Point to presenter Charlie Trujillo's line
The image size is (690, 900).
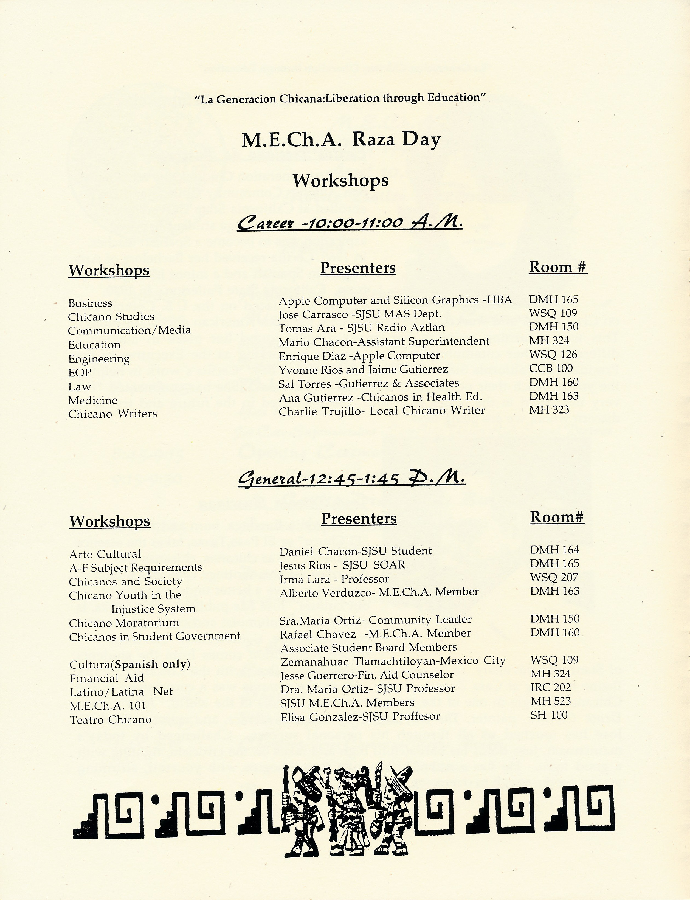382,410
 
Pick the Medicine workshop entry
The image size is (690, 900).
93,400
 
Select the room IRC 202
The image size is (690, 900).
550,687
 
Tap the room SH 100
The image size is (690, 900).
549,715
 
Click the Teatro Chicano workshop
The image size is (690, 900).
111,720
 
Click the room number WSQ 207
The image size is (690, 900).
554,577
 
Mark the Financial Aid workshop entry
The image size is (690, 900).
107,678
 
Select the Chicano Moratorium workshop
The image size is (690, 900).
124,623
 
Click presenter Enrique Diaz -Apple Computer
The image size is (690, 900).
359,355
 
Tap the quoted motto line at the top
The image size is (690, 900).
340,99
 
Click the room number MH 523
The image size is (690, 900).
550,701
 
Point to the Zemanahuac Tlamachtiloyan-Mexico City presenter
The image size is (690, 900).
393,661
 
